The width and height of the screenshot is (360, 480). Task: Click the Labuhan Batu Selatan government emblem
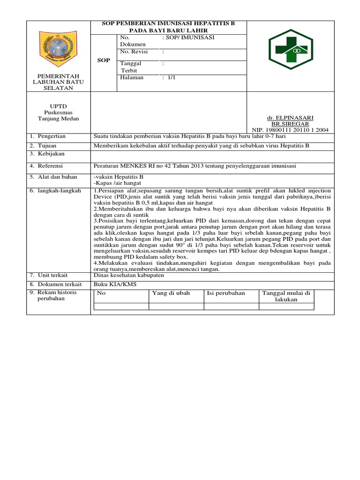pyautogui.click(x=59, y=49)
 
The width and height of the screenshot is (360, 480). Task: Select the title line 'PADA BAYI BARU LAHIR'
pyautogui.click(x=169, y=30)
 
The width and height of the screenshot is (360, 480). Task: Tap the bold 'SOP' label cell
pyautogui.click(x=103, y=60)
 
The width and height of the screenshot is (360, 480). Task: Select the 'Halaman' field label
pyautogui.click(x=132, y=78)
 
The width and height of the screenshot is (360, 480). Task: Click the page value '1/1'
pyautogui.click(x=171, y=78)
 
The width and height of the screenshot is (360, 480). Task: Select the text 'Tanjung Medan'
pyautogui.click(x=59, y=119)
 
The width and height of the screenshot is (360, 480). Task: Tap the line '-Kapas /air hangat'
pyautogui.click(x=118, y=183)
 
